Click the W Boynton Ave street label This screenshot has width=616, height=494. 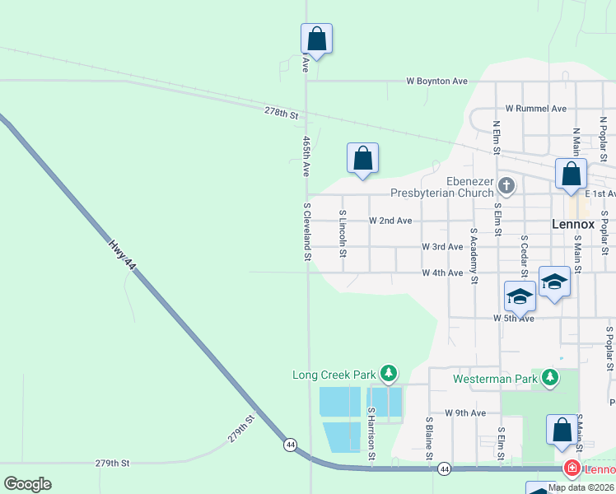click(436, 82)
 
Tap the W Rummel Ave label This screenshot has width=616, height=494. click(535, 109)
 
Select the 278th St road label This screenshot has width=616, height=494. click(281, 112)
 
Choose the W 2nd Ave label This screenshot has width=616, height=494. click(390, 221)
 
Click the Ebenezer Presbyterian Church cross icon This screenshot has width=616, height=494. click(506, 185)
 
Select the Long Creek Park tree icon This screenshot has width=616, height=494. click(389, 375)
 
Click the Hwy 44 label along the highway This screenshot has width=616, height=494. click(120, 254)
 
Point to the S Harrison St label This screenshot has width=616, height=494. click(371, 433)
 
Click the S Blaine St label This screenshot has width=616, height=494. click(429, 437)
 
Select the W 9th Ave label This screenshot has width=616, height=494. click(465, 412)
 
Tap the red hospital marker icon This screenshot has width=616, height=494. click(570, 468)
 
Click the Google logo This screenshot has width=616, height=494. click(27, 484)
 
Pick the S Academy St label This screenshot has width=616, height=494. click(474, 256)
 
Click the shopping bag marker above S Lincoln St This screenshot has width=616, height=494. click(362, 158)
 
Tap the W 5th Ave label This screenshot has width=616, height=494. click(514, 318)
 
